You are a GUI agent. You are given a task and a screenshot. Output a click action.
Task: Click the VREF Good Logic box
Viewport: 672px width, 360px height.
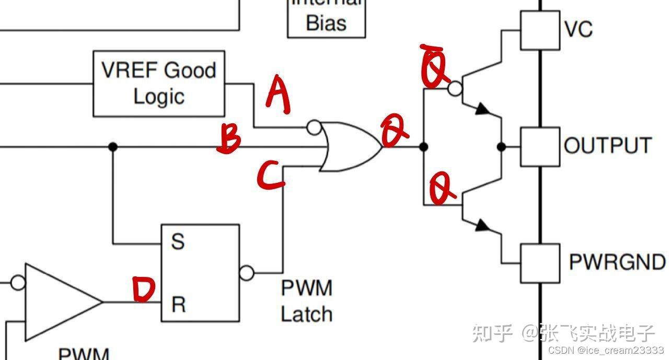point(159,84)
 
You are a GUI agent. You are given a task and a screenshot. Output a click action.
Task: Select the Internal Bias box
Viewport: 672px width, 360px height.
point(326,18)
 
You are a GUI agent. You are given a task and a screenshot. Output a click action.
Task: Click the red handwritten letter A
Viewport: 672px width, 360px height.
point(277,94)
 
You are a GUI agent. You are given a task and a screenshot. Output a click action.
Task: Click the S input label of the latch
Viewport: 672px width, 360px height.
point(178,241)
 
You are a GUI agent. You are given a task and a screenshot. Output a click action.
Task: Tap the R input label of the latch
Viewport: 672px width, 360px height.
point(178,304)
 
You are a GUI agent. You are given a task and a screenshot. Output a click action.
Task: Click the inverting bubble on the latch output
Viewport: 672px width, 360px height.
point(246,272)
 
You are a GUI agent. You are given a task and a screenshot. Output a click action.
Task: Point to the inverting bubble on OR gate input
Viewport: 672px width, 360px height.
point(314,126)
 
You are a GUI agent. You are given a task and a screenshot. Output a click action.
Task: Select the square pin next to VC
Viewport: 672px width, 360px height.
point(540,30)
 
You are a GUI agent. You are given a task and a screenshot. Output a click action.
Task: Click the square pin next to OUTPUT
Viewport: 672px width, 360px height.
point(540,147)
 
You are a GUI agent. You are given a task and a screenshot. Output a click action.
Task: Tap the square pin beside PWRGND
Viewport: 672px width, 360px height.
point(540,263)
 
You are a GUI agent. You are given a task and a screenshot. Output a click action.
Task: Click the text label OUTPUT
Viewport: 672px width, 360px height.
point(608,145)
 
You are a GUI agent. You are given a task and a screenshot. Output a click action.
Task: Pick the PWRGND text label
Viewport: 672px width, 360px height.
point(617,262)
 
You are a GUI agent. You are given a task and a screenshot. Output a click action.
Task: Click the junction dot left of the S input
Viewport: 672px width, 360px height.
point(112,147)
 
